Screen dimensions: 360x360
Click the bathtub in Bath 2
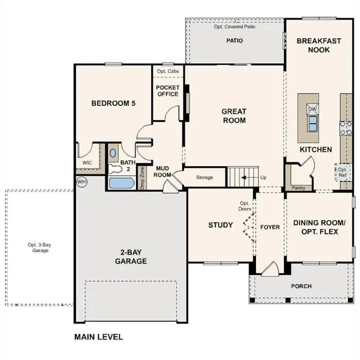coord(121,182)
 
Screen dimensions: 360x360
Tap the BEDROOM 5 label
coord(113,103)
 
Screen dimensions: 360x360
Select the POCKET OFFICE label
coord(167,91)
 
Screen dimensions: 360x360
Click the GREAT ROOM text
coord(234,116)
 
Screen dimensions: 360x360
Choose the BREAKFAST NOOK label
coord(319,45)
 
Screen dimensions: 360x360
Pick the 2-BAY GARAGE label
coord(131,257)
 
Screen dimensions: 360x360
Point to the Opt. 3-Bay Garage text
coord(38,247)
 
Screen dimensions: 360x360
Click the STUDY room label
coord(220,225)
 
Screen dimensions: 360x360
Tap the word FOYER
coord(270,227)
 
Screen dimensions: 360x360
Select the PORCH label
coord(301,286)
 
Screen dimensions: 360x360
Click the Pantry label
coord(298,188)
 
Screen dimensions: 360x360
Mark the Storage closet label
coord(204,177)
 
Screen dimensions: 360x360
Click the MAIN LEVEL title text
coord(98,337)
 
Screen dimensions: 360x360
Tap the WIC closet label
coord(88,163)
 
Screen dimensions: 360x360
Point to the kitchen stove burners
coord(346,128)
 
